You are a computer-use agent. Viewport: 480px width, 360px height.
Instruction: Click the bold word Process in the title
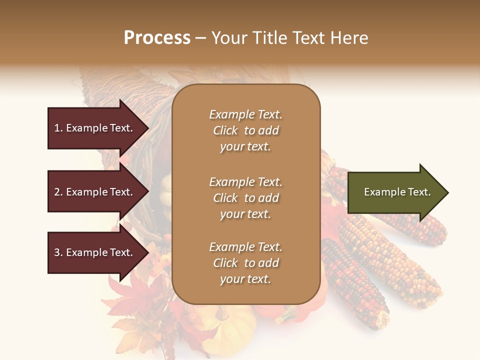click(x=157, y=38)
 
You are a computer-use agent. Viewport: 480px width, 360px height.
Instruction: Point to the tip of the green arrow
click(x=447, y=192)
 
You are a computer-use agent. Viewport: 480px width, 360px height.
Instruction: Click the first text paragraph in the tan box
click(x=245, y=130)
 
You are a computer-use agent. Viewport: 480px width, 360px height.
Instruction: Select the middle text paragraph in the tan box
click(x=245, y=198)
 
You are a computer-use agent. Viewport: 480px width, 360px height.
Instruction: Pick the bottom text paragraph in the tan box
click(x=245, y=263)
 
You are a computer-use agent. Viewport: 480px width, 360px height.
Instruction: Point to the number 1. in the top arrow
click(x=58, y=128)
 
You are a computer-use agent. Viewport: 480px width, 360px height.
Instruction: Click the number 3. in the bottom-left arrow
click(x=58, y=252)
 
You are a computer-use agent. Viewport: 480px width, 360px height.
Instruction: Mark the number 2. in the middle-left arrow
click(x=58, y=192)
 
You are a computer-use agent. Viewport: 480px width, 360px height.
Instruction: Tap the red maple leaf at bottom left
click(x=125, y=295)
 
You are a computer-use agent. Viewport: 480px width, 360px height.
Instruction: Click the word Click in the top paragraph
click(x=225, y=130)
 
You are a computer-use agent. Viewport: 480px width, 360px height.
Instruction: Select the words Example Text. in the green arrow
click(x=397, y=192)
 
